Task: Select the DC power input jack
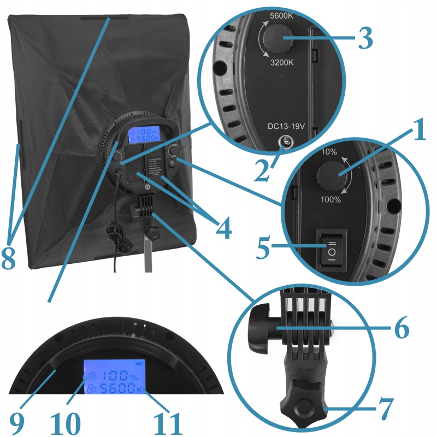tap(285, 142)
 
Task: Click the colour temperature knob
tap(277, 38)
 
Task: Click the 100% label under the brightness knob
tap(330, 199)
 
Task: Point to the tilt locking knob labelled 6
tap(261, 329)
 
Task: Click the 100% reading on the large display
tap(121, 376)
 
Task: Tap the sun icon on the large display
tap(90, 377)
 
